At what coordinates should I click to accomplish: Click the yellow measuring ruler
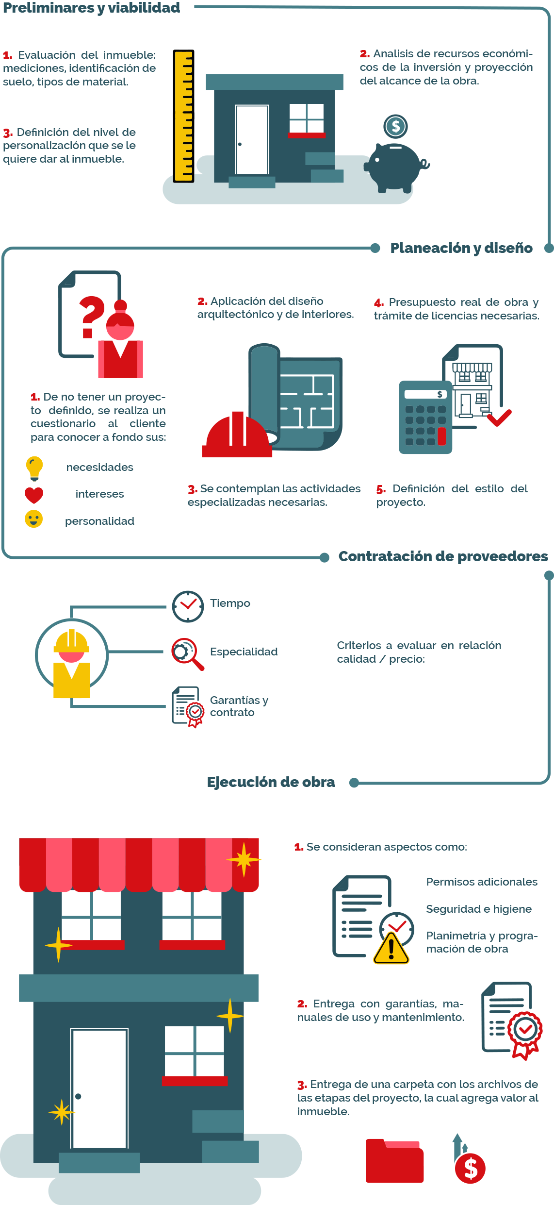tap(184, 116)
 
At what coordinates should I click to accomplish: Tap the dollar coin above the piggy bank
tap(395, 126)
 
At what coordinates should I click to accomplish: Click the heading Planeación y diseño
tap(461, 248)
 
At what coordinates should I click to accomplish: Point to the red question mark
tap(92, 317)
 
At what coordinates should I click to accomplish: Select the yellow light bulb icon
tap(34, 468)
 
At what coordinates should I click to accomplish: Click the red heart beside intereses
tap(34, 495)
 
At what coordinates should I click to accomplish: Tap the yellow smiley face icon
tap(34, 519)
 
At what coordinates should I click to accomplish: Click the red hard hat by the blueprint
tap(237, 435)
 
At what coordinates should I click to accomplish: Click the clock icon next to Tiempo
tap(188, 606)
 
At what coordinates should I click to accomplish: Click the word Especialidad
tap(244, 652)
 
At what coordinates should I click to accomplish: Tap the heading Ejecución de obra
tap(271, 782)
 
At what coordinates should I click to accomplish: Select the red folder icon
tap(395, 1160)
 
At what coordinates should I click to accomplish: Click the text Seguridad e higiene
tap(479, 909)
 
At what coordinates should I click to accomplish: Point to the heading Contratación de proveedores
tap(443, 556)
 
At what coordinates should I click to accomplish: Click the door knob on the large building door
tap(78, 1096)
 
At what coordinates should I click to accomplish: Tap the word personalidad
tap(100, 521)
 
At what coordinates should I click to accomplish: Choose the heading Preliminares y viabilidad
tap(92, 8)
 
